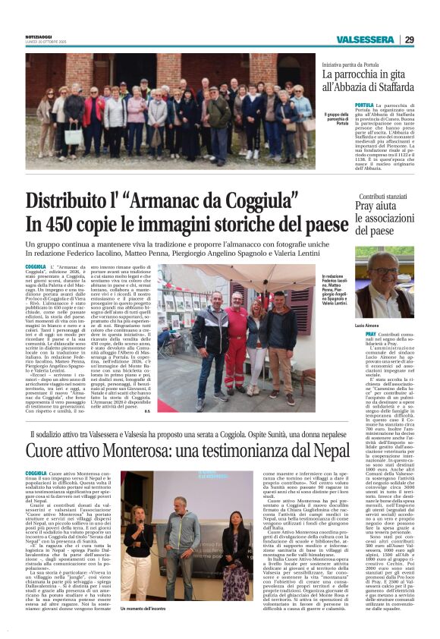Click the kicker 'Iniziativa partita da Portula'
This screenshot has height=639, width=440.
tap(356, 65)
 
